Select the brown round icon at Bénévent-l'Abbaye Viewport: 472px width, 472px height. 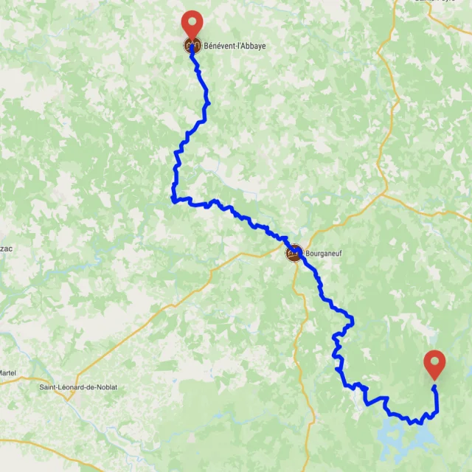click(x=192, y=46)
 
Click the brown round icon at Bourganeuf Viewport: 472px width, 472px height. click(x=294, y=253)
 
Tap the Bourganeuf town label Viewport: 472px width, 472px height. click(x=325, y=253)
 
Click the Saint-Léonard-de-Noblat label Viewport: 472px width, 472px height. click(x=78, y=387)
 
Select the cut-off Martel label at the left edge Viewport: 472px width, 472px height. click(x=8, y=372)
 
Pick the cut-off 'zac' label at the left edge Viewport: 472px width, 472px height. click(x=7, y=249)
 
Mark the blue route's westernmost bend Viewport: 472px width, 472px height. click(x=173, y=198)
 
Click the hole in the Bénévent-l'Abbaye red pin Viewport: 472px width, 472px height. click(x=192, y=21)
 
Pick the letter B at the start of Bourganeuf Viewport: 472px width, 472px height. click(x=307, y=253)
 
